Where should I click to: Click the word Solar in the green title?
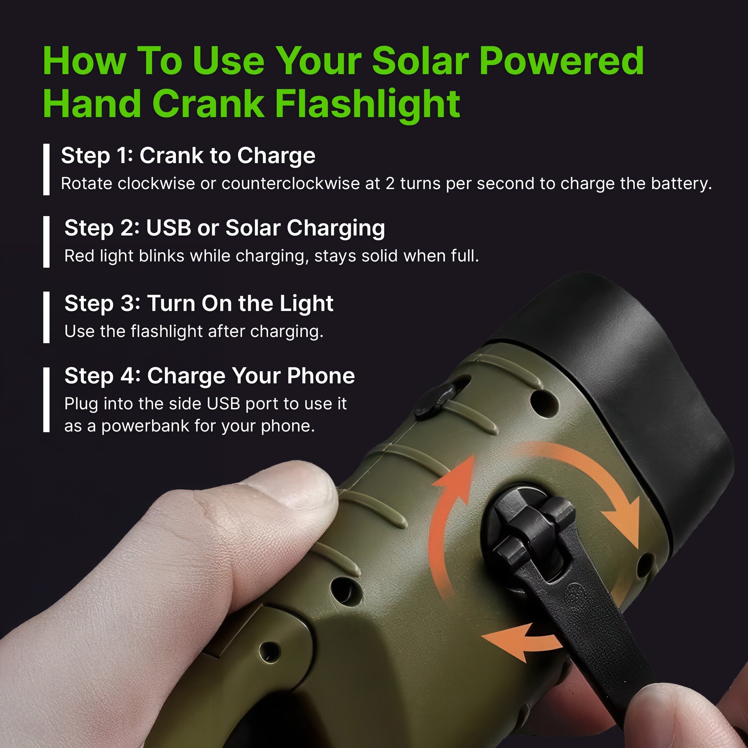coord(420,61)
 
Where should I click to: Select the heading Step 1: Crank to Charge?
coord(188,155)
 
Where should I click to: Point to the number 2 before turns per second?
coord(390,184)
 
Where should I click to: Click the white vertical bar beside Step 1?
coord(46,169)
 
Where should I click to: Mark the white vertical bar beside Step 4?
coord(46,400)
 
